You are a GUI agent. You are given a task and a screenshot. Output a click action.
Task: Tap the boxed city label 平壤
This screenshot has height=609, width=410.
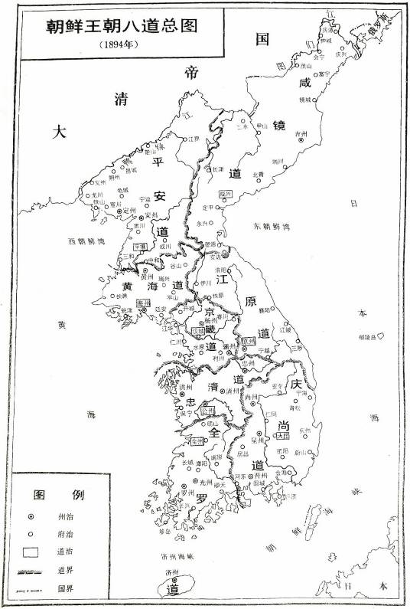140,247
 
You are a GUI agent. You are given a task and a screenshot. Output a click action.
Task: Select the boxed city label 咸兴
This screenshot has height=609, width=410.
224,195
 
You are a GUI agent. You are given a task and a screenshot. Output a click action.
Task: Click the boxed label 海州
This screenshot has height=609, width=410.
142,303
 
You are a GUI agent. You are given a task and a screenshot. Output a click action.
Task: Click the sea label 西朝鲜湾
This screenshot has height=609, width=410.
86,242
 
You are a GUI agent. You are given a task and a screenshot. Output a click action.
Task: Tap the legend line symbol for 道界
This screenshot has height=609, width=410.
32,571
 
